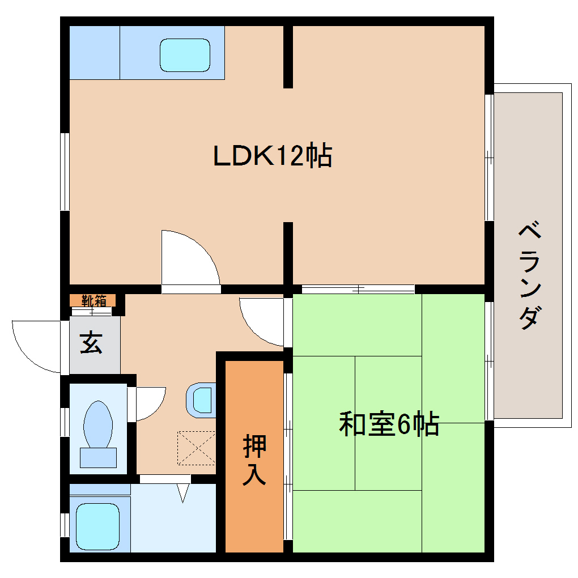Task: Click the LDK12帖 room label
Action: (x=272, y=156)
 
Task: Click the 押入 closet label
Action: (x=254, y=460)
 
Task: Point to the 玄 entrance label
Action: (x=91, y=343)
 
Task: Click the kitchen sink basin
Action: (x=185, y=55)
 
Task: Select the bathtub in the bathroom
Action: (x=97, y=524)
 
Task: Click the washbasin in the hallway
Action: (x=201, y=399)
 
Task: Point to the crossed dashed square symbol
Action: (x=197, y=447)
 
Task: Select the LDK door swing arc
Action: (x=189, y=258)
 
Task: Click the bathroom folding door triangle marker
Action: (x=182, y=492)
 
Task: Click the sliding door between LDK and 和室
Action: (x=358, y=289)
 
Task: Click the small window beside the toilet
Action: (x=65, y=422)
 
